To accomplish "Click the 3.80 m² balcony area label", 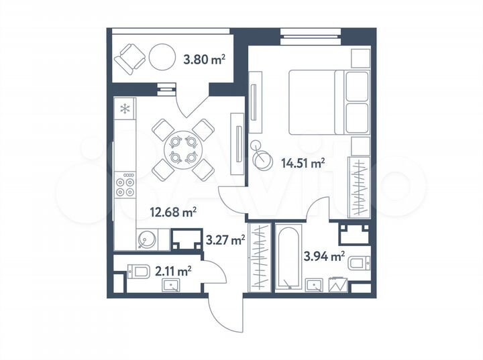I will pos(204,60).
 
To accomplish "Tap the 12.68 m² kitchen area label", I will pos(172,213).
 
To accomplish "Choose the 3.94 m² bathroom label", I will pos(324,255).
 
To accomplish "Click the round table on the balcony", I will pos(162,58).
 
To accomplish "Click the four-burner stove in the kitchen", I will pos(125,185).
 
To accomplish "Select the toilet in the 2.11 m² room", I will pos(139,272).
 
